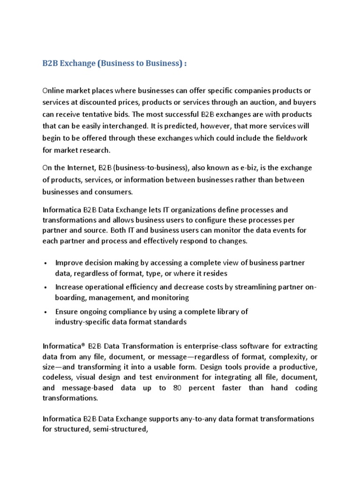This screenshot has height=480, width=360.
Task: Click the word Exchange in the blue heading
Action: tap(77, 64)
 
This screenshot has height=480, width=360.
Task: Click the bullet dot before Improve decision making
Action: tap(45, 263)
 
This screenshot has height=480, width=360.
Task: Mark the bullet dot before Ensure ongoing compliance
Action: tap(45, 312)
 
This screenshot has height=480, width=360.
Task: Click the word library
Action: tap(226, 311)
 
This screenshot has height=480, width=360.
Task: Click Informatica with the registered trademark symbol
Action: tap(64, 346)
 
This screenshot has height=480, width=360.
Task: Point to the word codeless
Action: tap(60, 377)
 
